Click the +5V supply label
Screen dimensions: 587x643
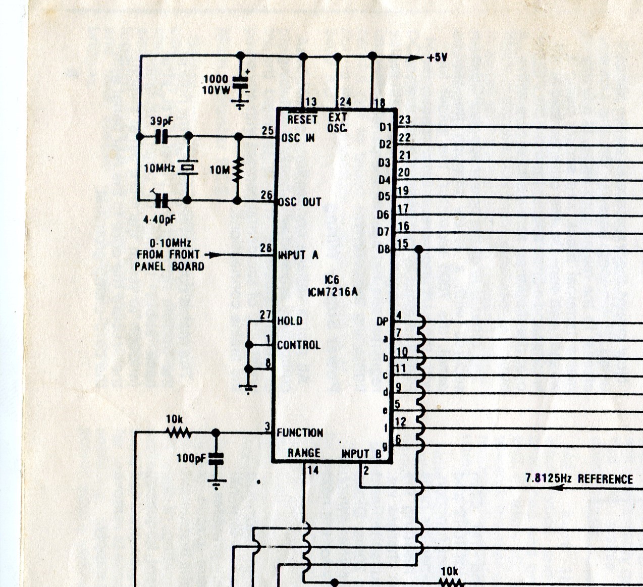point(437,58)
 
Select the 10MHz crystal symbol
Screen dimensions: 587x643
point(188,167)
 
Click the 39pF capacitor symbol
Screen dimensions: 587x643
point(161,136)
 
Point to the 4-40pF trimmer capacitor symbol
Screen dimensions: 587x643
point(162,201)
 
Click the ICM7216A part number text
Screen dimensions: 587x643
point(333,292)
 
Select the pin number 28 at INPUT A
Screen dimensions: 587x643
point(266,248)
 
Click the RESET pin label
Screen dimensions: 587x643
point(302,120)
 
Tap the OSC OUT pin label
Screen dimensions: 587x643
point(300,202)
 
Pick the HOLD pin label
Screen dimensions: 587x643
point(290,321)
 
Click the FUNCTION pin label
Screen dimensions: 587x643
point(300,433)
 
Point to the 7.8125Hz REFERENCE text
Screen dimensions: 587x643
point(579,478)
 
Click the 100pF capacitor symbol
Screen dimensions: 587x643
point(216,459)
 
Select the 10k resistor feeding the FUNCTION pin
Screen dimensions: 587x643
point(179,432)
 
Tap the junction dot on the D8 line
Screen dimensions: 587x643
point(418,249)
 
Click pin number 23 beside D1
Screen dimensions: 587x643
point(404,120)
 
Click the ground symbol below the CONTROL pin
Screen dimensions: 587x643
point(248,388)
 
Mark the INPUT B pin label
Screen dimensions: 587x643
point(361,453)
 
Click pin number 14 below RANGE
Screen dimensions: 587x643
point(313,470)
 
